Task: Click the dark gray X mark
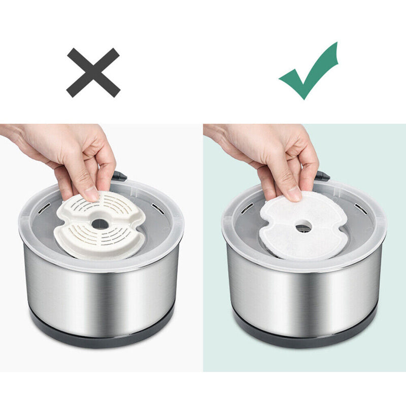tap(93, 72)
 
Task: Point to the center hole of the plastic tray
tap(100, 223)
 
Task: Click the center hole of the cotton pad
tap(303, 228)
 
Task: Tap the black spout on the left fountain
tap(119, 176)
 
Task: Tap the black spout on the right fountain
tap(322, 176)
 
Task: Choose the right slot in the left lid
tap(155, 207)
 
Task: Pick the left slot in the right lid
tap(247, 208)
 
